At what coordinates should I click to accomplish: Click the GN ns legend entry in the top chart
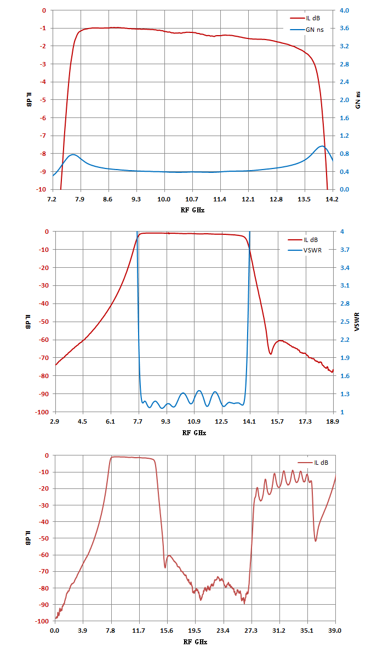tap(307, 30)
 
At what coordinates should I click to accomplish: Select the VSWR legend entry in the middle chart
tap(305, 250)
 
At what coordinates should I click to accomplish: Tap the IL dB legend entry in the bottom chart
tap(313, 463)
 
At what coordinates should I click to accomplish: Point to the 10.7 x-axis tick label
tap(192, 199)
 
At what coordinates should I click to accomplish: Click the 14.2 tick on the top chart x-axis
tap(332, 199)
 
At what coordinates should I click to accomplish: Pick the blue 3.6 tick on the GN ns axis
tap(344, 28)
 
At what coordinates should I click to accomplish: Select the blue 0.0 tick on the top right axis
tap(344, 189)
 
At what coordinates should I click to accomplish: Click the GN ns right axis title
tap(358, 100)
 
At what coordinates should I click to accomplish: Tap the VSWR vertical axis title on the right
tap(357, 322)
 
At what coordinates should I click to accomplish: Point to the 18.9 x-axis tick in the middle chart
tap(333, 421)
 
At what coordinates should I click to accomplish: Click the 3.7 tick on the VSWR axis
tap(345, 250)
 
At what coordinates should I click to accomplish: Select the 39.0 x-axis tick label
tap(335, 631)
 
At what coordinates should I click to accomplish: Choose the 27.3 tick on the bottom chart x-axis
tap(251, 631)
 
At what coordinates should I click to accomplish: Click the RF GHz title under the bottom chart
tap(195, 642)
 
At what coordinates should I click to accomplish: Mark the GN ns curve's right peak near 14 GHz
tap(322, 146)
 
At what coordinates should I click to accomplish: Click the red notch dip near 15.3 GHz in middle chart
tap(270, 354)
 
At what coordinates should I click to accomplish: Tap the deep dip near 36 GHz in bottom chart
tap(316, 541)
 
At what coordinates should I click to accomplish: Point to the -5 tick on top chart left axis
tap(43, 100)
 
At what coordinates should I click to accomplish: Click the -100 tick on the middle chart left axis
tap(42, 412)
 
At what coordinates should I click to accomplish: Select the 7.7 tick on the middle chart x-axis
tap(138, 421)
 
